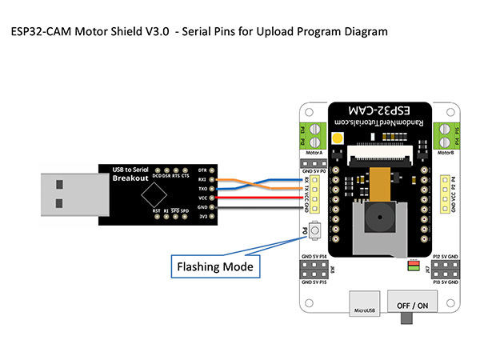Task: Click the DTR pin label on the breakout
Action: [x=202, y=170]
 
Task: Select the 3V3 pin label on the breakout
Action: [x=202, y=216]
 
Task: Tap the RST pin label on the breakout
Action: [x=156, y=211]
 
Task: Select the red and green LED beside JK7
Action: [x=414, y=264]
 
